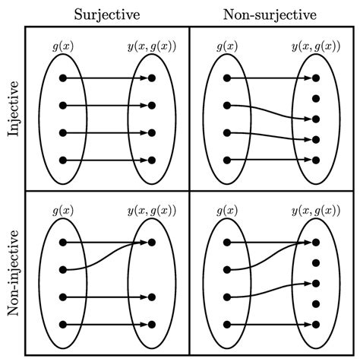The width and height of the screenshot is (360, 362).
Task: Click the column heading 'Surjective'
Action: pos(106,14)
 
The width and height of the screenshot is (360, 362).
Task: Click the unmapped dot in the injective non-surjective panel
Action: pos(316,99)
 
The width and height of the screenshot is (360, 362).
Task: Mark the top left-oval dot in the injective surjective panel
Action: pos(63,78)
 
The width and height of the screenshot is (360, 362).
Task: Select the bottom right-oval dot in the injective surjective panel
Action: pos(152,160)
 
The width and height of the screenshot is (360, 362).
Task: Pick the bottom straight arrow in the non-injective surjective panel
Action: pos(106,325)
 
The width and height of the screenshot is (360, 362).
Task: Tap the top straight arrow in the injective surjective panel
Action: pos(106,78)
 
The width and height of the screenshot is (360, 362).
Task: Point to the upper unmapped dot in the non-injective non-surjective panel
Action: pos(316,263)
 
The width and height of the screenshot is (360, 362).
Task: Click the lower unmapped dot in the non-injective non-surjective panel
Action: pos(316,304)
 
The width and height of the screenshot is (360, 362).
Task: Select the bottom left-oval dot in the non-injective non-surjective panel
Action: pos(227,325)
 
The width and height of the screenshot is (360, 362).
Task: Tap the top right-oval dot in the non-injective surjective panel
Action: pos(152,243)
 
